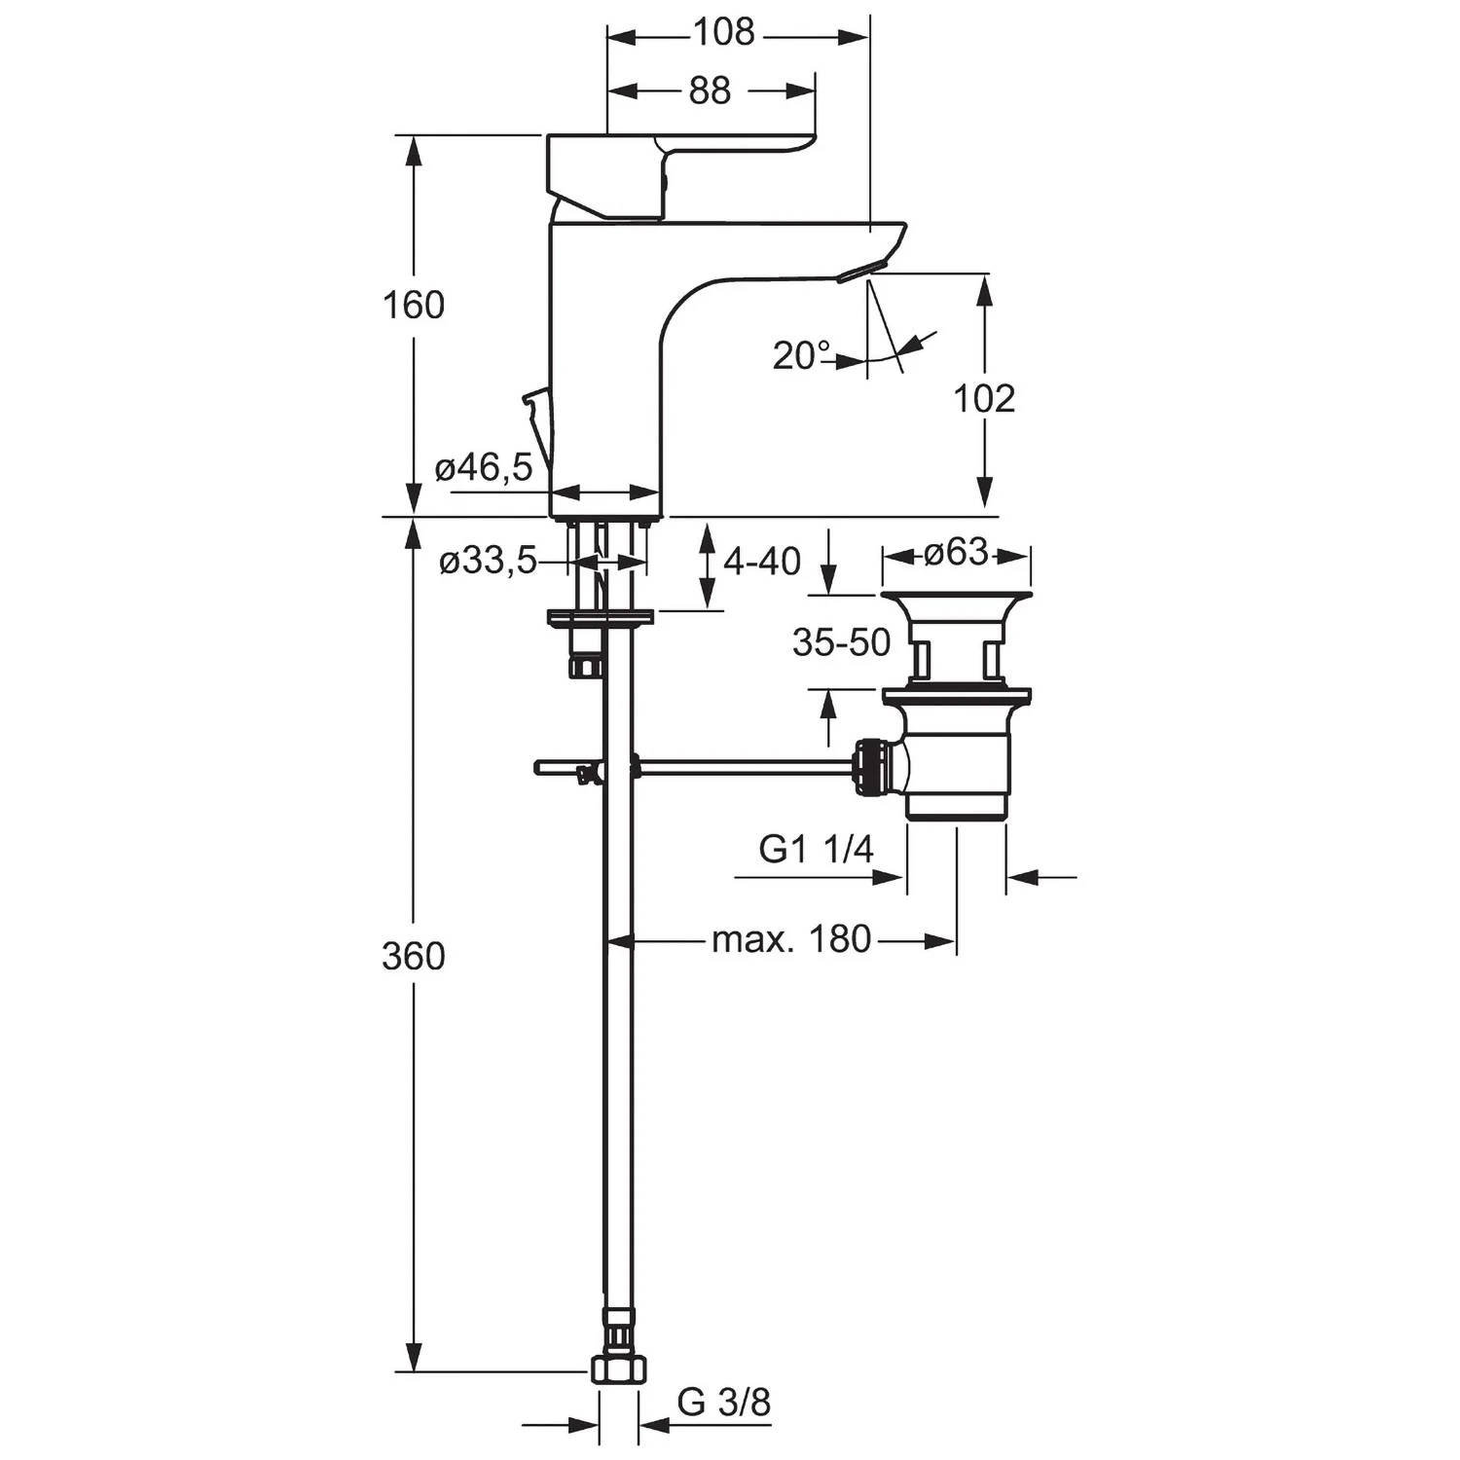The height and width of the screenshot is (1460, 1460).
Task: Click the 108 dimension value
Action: [723, 33]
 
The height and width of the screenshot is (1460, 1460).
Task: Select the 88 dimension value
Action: [710, 91]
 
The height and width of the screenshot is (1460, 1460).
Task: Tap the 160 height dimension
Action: [413, 306]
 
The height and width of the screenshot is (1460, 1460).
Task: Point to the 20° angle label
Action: [801, 356]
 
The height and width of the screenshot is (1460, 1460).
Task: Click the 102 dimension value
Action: [984, 399]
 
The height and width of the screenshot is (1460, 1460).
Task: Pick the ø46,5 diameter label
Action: [484, 468]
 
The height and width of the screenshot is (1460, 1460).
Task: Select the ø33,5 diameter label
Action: [488, 561]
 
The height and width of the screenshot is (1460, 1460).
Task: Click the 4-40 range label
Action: [762, 561]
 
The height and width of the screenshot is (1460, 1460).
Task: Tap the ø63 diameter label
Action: [956, 553]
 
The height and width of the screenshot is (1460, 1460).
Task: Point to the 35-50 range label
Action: [841, 642]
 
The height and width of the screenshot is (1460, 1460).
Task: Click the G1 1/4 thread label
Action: [816, 850]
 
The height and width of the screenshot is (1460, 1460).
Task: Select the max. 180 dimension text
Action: [790, 940]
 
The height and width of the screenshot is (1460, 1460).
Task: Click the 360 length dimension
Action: [413, 957]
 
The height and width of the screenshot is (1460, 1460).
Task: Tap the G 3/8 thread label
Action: [723, 1403]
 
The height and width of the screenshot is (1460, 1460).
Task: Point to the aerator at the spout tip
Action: [862, 271]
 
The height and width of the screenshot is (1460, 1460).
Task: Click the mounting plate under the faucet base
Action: [600, 617]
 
